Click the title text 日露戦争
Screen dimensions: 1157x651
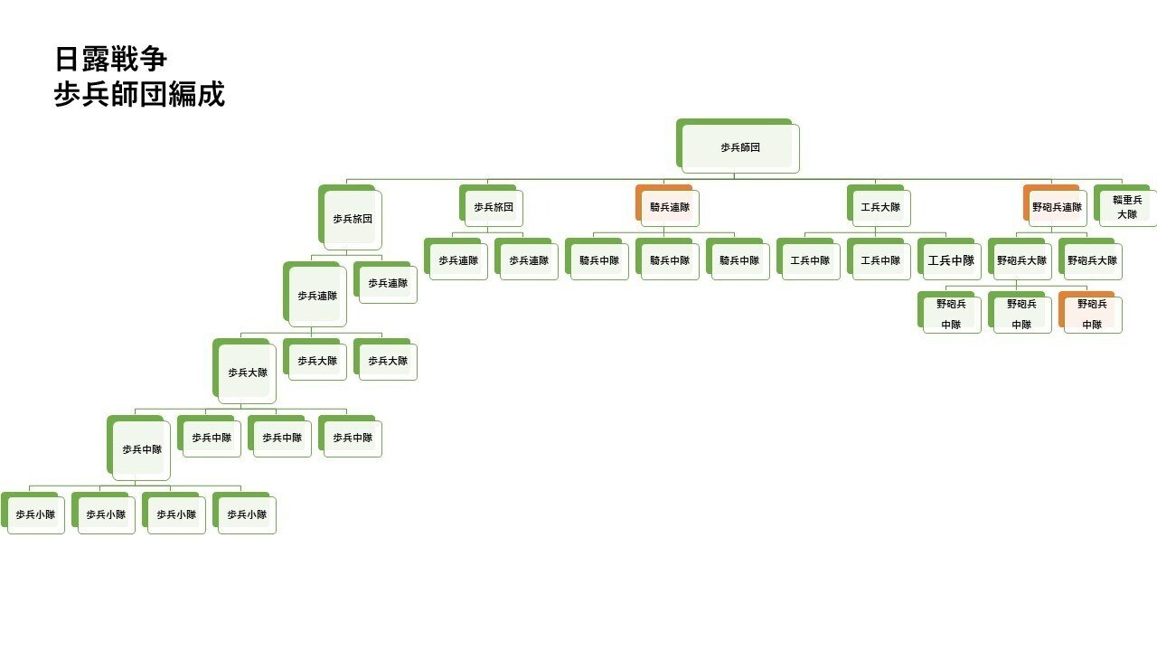110,61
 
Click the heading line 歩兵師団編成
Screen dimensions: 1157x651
139,94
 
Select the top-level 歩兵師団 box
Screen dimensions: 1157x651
739,146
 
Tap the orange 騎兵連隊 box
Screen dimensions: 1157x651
669,207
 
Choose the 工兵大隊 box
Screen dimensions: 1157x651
880,207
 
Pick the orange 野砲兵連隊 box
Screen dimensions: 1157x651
1057,207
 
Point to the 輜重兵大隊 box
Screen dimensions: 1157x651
1126,207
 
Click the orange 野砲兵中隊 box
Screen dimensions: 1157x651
1092,314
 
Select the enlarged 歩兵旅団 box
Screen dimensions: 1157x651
352,219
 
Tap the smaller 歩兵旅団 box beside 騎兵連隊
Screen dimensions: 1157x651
493,207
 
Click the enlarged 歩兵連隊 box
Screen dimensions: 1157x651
316,295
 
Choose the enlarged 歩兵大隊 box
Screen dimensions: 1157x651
247,372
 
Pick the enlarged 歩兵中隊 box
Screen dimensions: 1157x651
142,448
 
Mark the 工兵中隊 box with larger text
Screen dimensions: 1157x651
951,260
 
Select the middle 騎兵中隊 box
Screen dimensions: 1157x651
669,260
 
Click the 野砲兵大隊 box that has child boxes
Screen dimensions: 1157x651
1021,260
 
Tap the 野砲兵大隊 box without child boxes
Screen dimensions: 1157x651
1092,260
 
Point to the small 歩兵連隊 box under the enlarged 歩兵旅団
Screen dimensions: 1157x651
387,283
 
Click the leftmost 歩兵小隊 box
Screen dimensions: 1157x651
35,514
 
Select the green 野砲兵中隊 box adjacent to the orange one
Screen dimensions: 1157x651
1021,314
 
